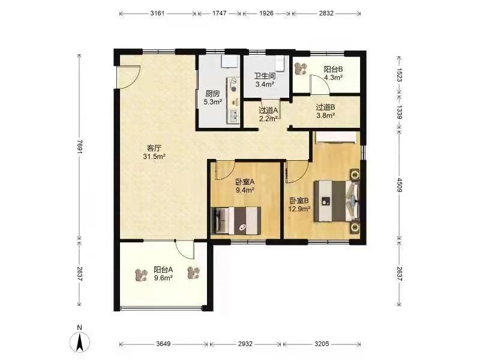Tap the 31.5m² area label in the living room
(x=154, y=157)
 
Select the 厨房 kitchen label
(x=212, y=94)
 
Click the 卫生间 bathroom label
(x=265, y=76)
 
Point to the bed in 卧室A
(x=236, y=220)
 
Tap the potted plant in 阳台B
(x=301, y=68)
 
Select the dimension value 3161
(x=157, y=13)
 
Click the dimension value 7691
(x=80, y=147)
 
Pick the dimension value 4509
(x=399, y=185)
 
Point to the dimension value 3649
(x=163, y=344)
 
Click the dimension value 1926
(x=266, y=13)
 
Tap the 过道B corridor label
(x=325, y=107)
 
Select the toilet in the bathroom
(x=280, y=64)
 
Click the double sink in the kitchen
(x=233, y=116)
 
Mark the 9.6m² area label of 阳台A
(x=163, y=278)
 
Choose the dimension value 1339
(x=399, y=112)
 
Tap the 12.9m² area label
(x=299, y=209)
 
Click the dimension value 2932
(x=245, y=344)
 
